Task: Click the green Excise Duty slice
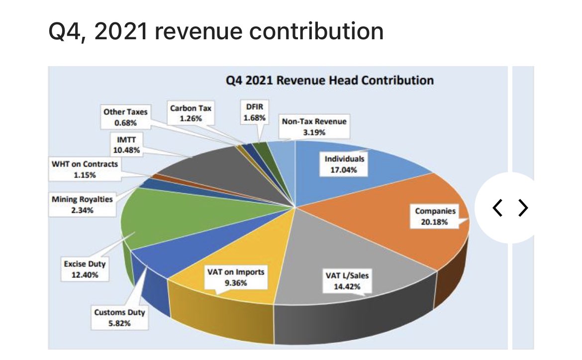point(189,214)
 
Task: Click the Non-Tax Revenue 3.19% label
point(314,127)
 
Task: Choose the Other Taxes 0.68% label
point(125,117)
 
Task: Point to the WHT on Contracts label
point(84,170)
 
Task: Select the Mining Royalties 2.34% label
point(82,205)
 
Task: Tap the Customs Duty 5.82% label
point(119,317)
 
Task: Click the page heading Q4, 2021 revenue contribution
point(216,32)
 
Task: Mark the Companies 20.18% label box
point(435,216)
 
